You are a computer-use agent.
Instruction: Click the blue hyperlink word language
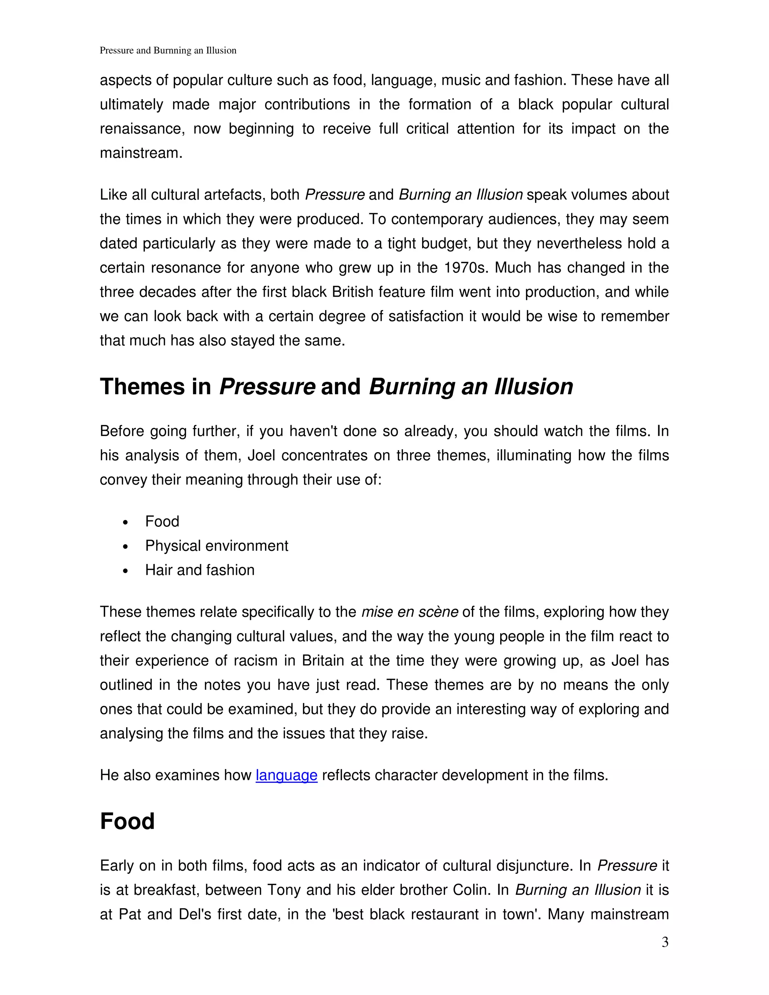click(x=286, y=775)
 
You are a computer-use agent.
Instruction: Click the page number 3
click(x=665, y=942)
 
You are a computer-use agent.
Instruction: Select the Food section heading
click(x=127, y=821)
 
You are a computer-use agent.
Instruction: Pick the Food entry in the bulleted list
click(x=162, y=521)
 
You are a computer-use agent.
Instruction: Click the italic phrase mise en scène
click(x=410, y=612)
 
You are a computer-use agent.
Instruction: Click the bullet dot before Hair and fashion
click(x=126, y=571)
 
